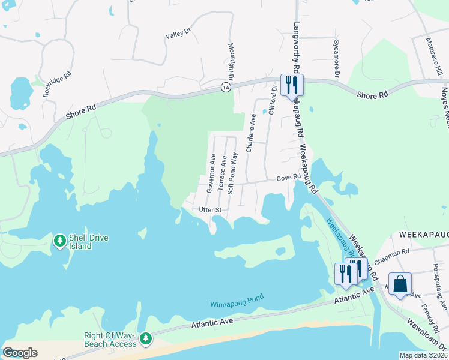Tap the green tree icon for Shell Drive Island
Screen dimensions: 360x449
pos(59,241)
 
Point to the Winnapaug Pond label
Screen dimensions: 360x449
pos(237,304)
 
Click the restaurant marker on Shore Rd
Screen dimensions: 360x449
pos(292,85)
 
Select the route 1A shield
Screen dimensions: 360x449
pos(226,88)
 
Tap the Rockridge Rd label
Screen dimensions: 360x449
pos(57,85)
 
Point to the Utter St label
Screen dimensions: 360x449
pos(211,210)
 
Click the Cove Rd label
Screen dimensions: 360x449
pos(288,178)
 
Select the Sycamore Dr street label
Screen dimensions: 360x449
pos(336,59)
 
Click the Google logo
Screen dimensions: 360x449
pos(20,352)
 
